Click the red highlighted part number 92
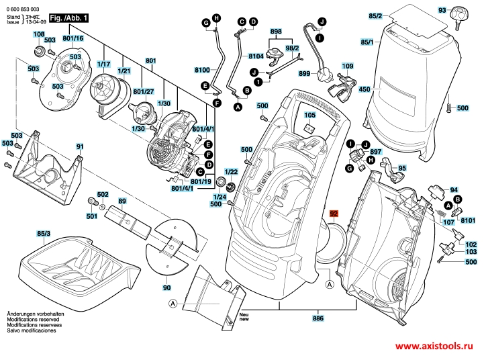(333, 216)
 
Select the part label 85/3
(43, 234)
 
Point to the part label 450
(365, 89)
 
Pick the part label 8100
(202, 70)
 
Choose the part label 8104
(256, 56)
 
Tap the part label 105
(309, 116)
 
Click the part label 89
(122, 201)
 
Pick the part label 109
(346, 66)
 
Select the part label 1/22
(231, 172)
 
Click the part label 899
(304, 73)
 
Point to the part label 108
(40, 34)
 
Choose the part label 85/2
(394, 15)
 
